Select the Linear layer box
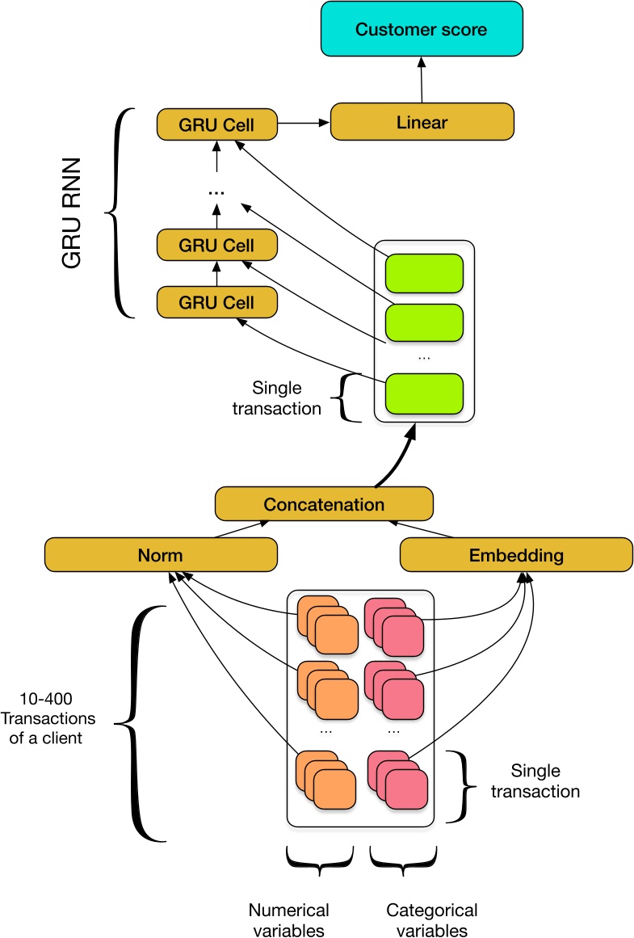[x=422, y=123]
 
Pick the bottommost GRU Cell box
[x=216, y=302]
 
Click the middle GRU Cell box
[x=216, y=245]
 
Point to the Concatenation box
[x=324, y=504]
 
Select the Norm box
[x=161, y=555]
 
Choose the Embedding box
[x=516, y=555]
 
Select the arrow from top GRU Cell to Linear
[x=304, y=124]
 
